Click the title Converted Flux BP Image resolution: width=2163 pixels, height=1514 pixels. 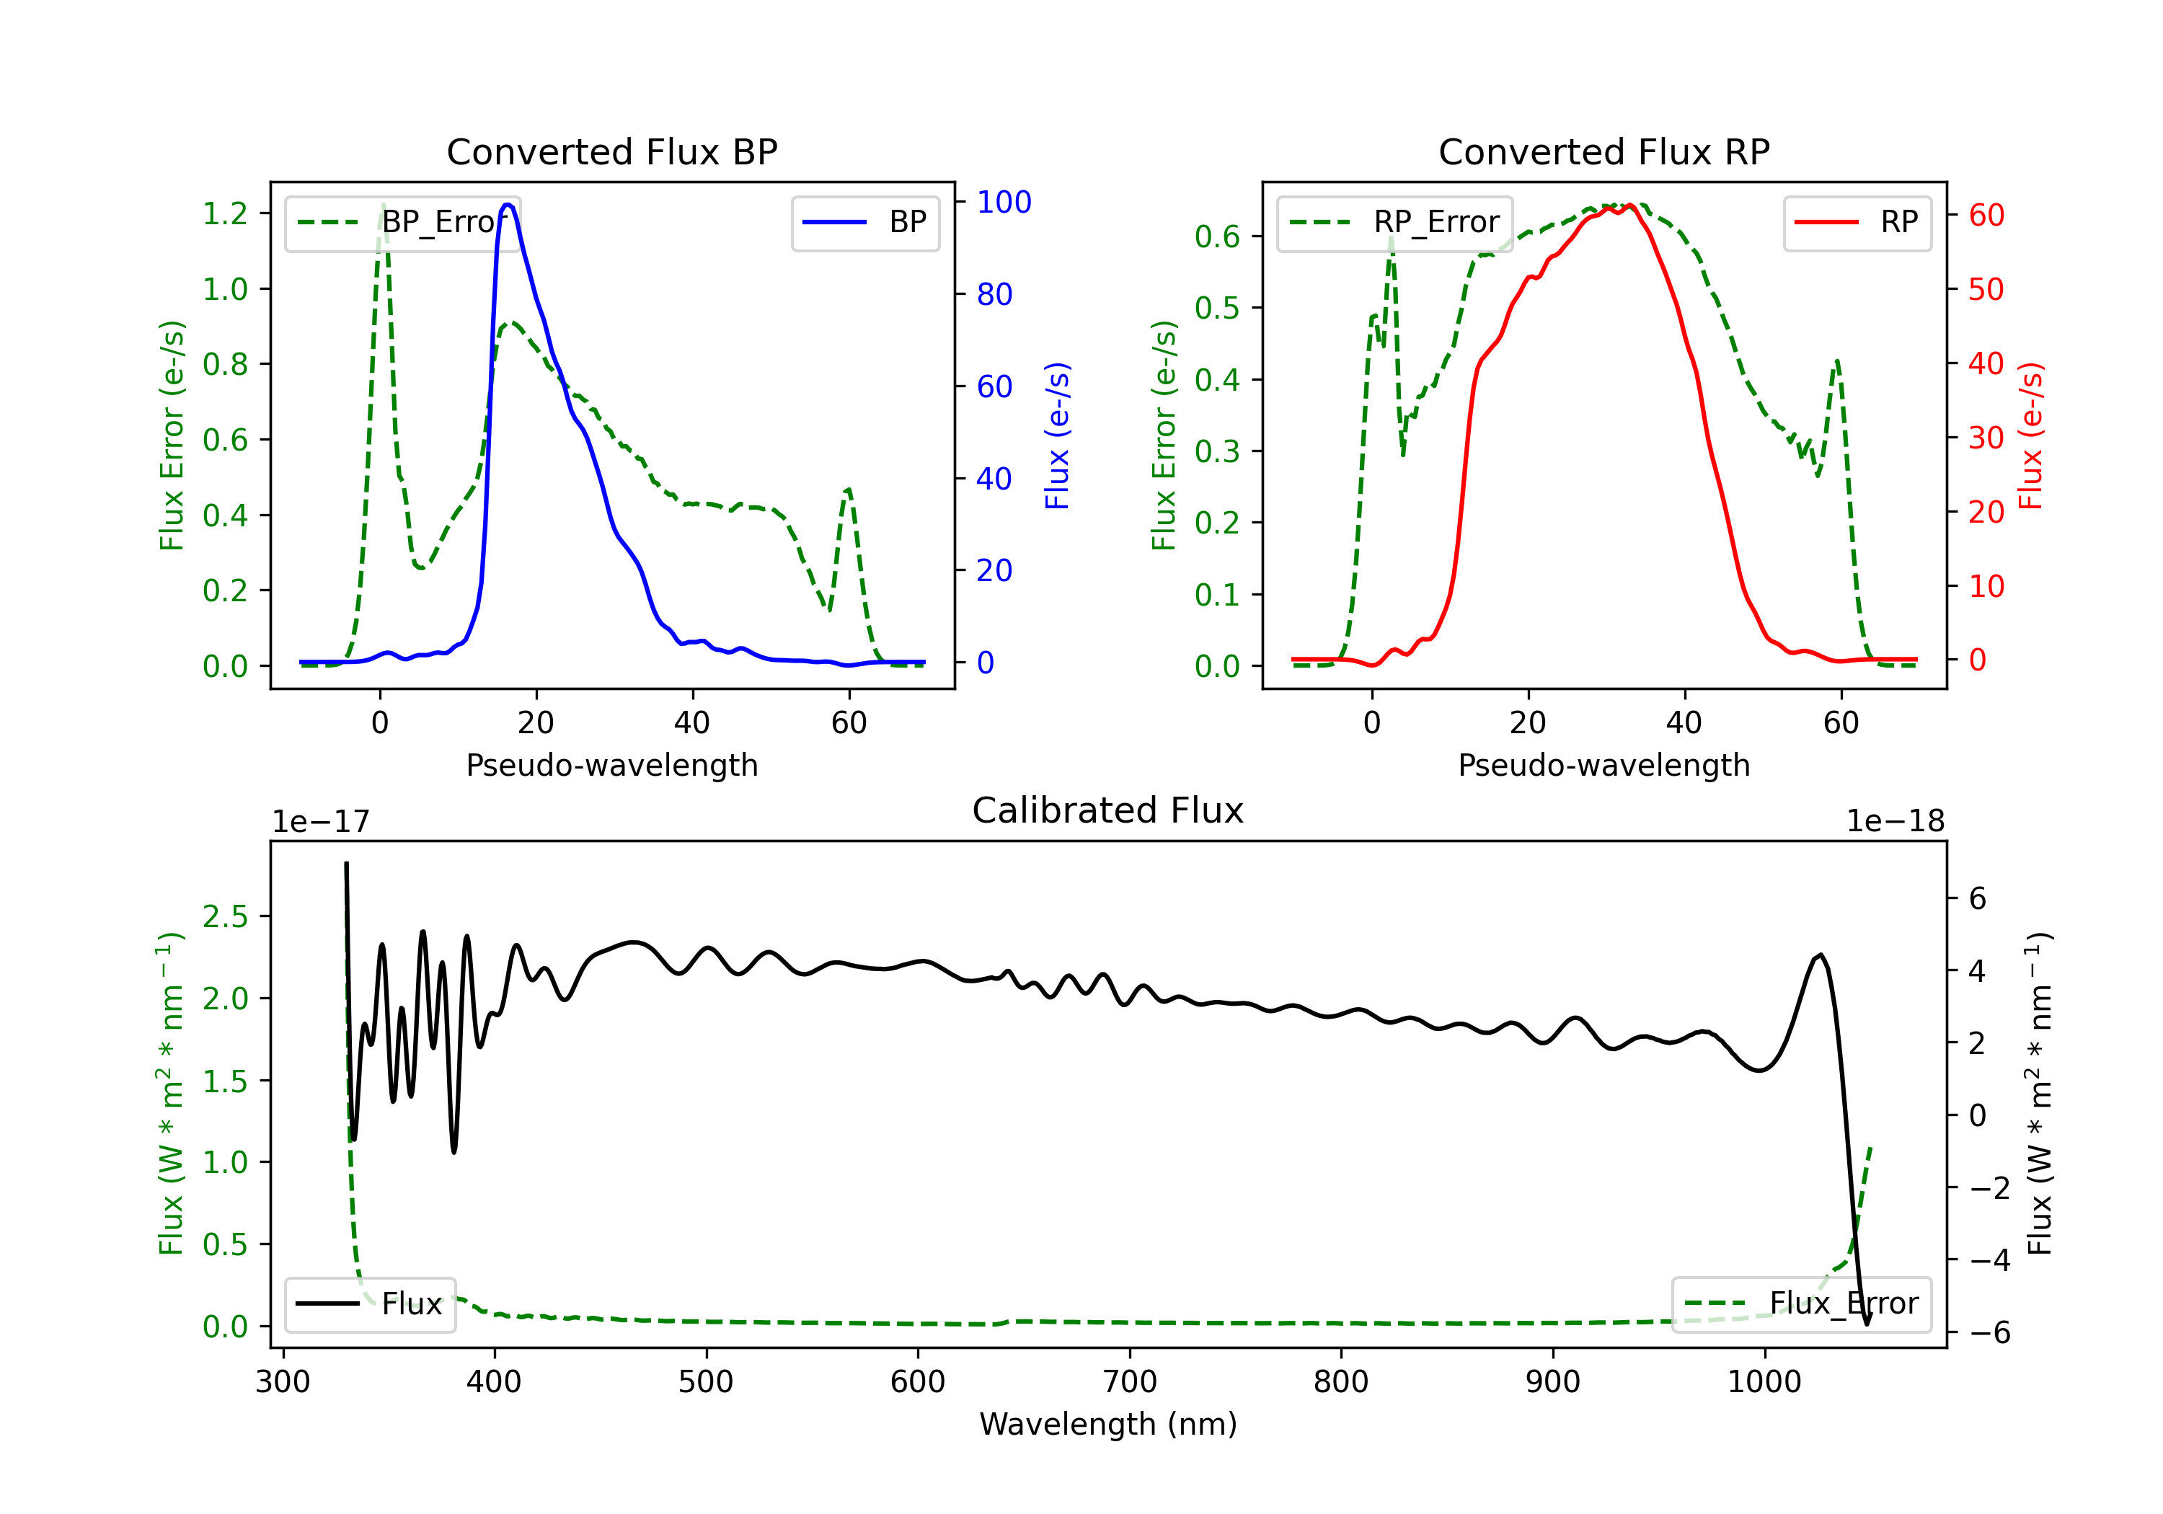tap(611, 151)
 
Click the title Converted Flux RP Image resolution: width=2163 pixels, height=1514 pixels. tap(1604, 151)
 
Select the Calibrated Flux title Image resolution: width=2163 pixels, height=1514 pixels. tap(1108, 810)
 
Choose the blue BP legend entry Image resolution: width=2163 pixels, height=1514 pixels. tap(864, 222)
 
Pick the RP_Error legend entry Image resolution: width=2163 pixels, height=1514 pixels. tap(1394, 222)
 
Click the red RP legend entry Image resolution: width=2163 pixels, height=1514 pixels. tap(1857, 222)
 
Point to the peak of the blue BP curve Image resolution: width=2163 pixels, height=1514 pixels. tap(508, 205)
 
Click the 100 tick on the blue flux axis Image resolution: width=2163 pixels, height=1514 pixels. tap(1004, 202)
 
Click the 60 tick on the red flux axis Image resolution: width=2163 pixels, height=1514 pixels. tap(1986, 215)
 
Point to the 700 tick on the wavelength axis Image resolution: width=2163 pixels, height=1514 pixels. tap(1130, 1381)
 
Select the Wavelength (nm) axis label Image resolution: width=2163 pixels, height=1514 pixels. tap(1108, 1424)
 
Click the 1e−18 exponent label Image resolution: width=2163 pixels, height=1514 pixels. tap(1896, 822)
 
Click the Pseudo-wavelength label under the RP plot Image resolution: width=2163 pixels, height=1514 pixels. tap(1604, 765)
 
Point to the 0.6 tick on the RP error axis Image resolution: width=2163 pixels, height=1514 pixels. tap(1217, 236)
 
